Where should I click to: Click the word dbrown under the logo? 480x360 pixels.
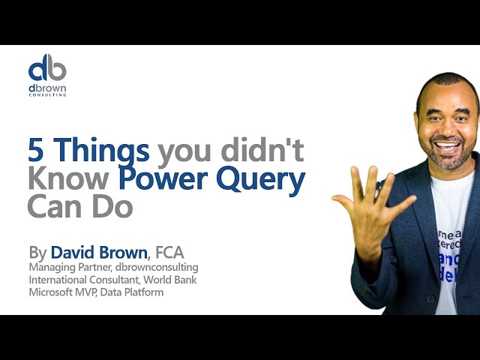coord(47,87)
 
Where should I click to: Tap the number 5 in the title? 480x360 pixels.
coord(35,151)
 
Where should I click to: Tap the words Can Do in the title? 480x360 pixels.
coord(79,207)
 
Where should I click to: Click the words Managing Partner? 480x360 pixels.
coord(65,267)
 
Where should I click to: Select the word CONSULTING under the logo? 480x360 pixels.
coord(47,95)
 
